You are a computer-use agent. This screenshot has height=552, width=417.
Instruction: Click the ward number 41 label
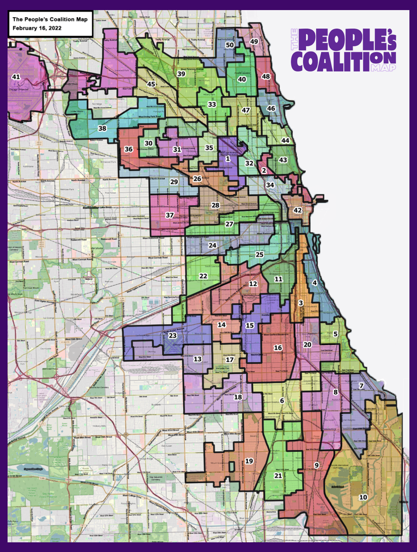[16, 77]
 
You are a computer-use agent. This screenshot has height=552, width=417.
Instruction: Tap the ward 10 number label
[363, 497]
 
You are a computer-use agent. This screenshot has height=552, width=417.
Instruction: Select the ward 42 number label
[298, 210]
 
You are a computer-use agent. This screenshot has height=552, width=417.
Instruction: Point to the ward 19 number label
[249, 461]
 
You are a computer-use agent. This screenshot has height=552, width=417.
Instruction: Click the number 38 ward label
[102, 128]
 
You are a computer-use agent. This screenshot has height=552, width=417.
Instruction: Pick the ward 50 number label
[230, 45]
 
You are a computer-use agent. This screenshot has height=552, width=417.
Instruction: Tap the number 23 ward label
[172, 335]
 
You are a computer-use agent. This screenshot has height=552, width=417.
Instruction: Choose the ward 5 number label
[335, 334]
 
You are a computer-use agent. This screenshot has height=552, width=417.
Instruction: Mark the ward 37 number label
[169, 215]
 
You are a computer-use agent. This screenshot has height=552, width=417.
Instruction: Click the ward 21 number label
[278, 475]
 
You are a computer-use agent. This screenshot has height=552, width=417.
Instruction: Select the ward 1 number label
[227, 158]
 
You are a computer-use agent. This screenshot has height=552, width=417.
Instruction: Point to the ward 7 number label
[361, 386]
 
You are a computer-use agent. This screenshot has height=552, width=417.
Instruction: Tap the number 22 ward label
[203, 276]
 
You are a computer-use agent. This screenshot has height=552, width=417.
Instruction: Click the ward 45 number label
[151, 84]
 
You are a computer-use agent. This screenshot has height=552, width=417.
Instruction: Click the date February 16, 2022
[37, 28]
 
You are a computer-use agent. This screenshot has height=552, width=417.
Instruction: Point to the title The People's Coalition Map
[50, 19]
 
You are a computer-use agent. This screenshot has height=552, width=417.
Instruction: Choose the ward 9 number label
[317, 465]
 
